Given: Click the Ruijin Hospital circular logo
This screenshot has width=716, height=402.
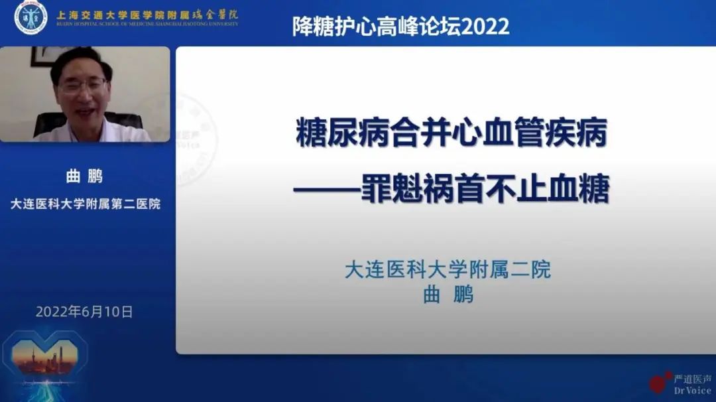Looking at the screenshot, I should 30,17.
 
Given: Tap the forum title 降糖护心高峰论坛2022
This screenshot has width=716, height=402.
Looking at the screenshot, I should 400,27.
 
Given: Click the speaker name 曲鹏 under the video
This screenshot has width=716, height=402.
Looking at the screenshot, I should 85,176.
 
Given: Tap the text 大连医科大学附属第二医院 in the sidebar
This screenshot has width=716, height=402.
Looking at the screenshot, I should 85,204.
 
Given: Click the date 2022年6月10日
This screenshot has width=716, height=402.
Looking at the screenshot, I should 84,311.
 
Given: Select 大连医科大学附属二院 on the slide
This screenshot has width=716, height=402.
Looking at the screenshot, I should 447,270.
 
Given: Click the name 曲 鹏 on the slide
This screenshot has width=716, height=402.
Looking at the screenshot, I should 448,295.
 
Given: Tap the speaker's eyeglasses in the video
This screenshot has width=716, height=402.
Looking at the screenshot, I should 83,86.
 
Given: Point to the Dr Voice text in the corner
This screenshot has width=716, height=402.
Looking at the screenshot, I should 692,390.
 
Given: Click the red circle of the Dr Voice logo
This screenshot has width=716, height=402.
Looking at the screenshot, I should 658,383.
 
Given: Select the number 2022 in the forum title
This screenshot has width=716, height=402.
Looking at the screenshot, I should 487,27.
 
